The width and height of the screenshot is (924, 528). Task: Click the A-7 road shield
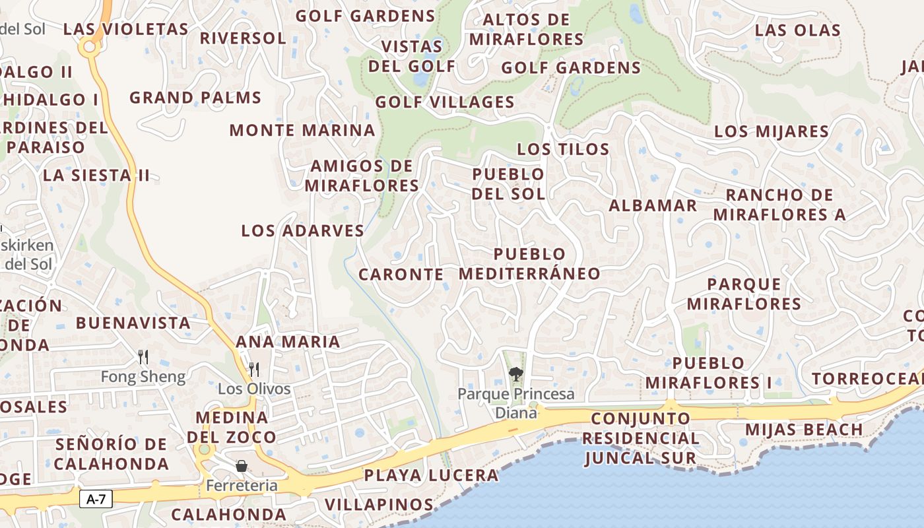coord(96,499)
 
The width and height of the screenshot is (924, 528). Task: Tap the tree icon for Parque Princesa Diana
coord(515,375)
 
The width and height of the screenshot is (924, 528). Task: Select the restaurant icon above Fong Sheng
coord(143,357)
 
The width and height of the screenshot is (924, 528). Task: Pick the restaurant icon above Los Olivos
coord(253,369)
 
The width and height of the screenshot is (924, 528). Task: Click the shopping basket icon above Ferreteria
coord(242,466)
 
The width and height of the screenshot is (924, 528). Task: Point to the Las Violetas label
coord(125,29)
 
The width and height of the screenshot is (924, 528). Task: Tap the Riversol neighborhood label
coord(243,38)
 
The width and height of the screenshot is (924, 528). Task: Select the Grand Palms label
coord(195,98)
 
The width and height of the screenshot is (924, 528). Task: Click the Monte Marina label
coord(302,130)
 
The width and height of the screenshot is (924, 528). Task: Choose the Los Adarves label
coord(302,230)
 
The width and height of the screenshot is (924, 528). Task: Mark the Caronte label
coord(401,274)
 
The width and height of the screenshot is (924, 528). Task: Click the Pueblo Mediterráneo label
coord(530,263)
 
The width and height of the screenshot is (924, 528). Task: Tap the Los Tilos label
coord(563,149)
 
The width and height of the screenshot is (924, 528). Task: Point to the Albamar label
coord(653,205)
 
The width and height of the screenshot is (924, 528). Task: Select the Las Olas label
coord(798,30)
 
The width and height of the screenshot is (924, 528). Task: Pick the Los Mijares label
coord(772,131)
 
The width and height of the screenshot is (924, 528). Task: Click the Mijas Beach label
coord(804,430)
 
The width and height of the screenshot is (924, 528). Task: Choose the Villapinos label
coord(379,505)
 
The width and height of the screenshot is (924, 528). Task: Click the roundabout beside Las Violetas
coord(88,47)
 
